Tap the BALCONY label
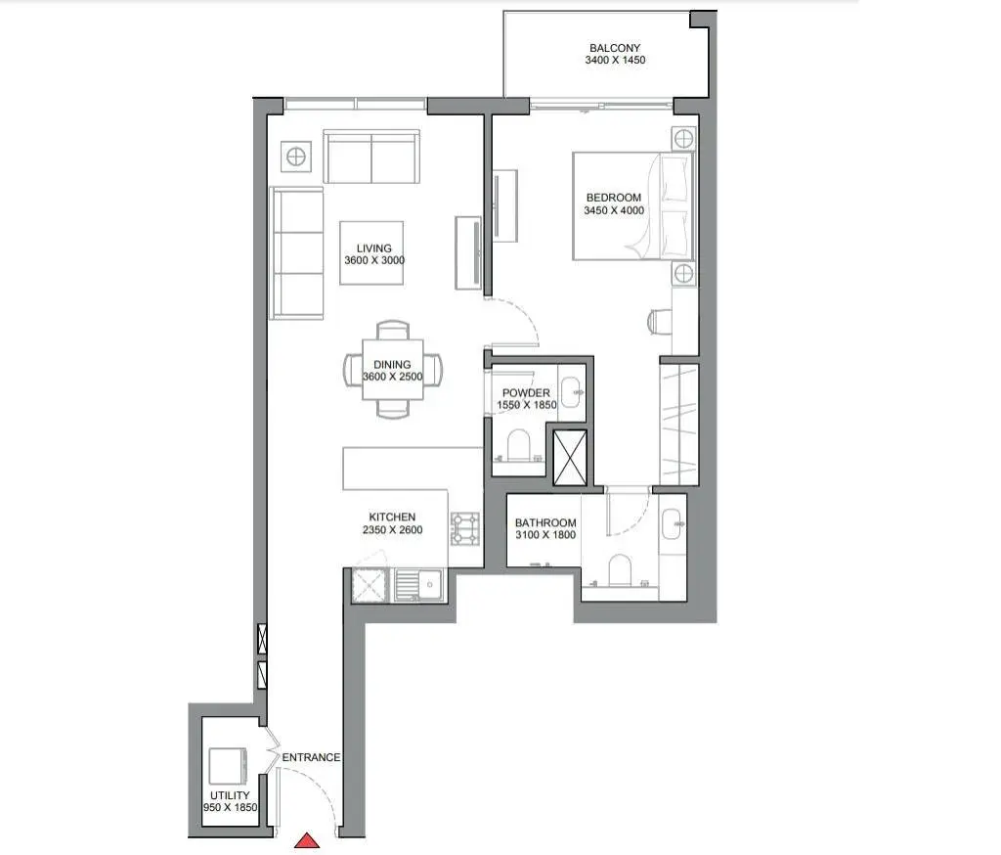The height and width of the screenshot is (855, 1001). (615, 48)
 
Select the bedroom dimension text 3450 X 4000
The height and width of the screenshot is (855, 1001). (614, 210)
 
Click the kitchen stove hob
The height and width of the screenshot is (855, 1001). (465, 529)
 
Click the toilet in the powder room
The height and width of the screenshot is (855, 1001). (518, 445)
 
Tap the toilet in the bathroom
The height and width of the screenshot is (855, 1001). (619, 570)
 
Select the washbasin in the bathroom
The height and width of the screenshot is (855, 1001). (673, 524)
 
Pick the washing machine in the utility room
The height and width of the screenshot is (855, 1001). (228, 766)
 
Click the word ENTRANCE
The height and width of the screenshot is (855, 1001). (311, 757)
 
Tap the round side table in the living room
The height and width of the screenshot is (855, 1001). (295, 157)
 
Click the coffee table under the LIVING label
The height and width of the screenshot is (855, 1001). (371, 253)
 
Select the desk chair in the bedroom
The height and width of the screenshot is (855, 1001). (660, 322)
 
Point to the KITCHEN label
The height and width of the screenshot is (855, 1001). (392, 517)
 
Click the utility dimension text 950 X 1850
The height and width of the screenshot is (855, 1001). (231, 807)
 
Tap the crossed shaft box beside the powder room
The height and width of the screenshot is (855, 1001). (570, 458)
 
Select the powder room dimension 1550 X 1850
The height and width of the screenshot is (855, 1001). (527, 404)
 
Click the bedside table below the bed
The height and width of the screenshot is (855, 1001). (683, 274)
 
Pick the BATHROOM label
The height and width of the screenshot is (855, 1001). (545, 522)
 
